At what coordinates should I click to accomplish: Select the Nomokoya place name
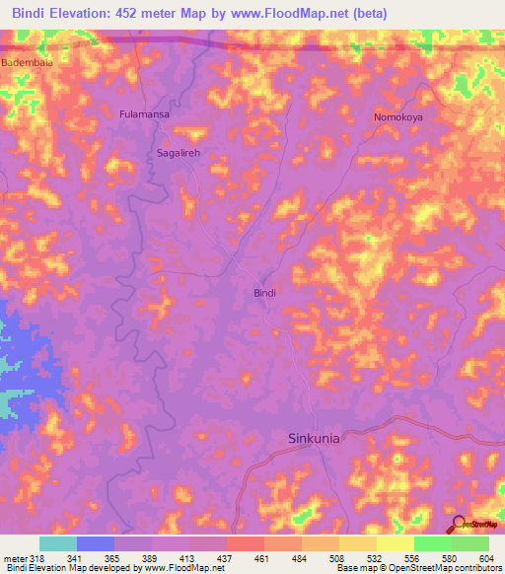[x=397, y=117]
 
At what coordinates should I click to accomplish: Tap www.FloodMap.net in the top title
[x=296, y=14]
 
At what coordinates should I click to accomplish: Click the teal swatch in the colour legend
[x=57, y=544]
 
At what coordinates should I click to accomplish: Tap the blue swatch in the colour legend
[x=95, y=544]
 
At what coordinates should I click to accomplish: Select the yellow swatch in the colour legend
[x=395, y=544]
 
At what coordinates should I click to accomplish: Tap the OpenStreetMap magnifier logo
[x=457, y=525]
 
